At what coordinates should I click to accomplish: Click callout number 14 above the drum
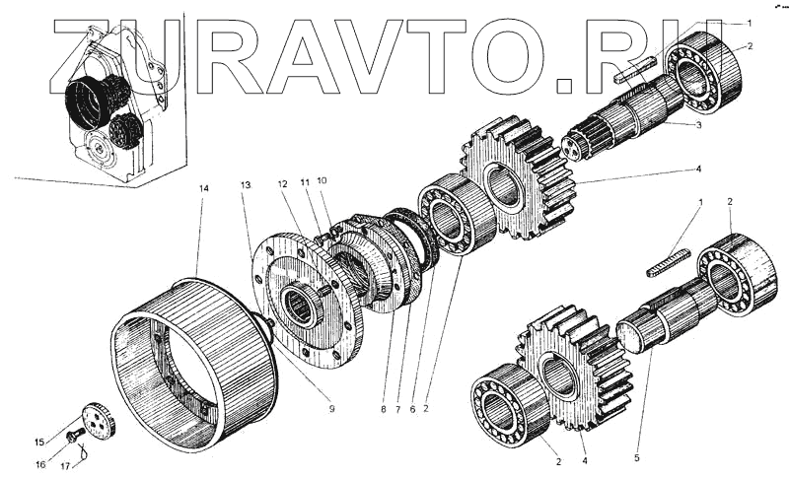(202, 188)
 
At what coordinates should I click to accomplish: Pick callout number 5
(636, 457)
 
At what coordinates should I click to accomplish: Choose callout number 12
(283, 184)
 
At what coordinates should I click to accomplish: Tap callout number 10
(322, 180)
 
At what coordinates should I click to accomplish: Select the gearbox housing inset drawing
(108, 108)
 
